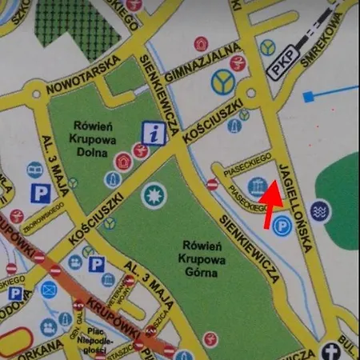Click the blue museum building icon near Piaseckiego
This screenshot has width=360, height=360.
pyautogui.click(x=257, y=187)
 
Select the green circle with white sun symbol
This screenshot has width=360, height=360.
pyautogui.click(x=151, y=194)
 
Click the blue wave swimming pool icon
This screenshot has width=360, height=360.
pyautogui.click(x=321, y=211)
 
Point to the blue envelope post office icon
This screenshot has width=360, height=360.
pyautogui.click(x=49, y=290)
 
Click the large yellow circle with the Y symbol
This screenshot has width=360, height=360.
pyautogui.click(x=224, y=80)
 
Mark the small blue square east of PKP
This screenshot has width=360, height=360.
pyautogui.click(x=308, y=97)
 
